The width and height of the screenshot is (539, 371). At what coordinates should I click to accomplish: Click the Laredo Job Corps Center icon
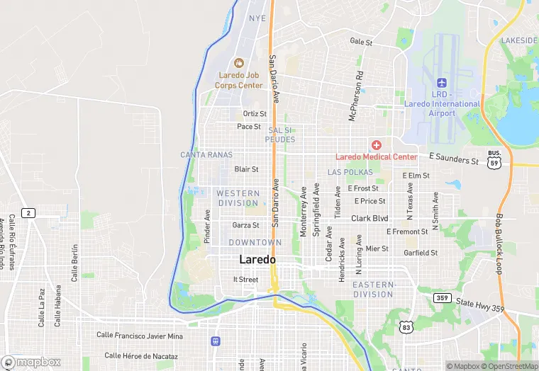click(239, 63)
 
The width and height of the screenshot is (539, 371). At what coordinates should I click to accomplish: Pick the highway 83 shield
click(406, 326)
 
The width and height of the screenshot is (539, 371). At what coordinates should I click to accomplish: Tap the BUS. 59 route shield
click(494, 158)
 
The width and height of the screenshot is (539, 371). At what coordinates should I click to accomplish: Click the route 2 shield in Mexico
click(28, 213)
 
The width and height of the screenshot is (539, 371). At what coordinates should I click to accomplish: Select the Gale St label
click(361, 42)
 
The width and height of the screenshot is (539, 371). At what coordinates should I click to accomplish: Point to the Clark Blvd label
click(369, 219)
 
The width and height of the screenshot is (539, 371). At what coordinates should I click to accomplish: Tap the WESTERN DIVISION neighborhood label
click(238, 198)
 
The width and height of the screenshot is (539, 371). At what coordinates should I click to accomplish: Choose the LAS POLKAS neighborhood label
click(350, 173)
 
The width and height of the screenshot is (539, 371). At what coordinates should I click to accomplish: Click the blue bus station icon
click(215, 341)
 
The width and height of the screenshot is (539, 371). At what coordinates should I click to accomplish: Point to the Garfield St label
click(421, 253)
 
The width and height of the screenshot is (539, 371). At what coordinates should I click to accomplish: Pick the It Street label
click(245, 280)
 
